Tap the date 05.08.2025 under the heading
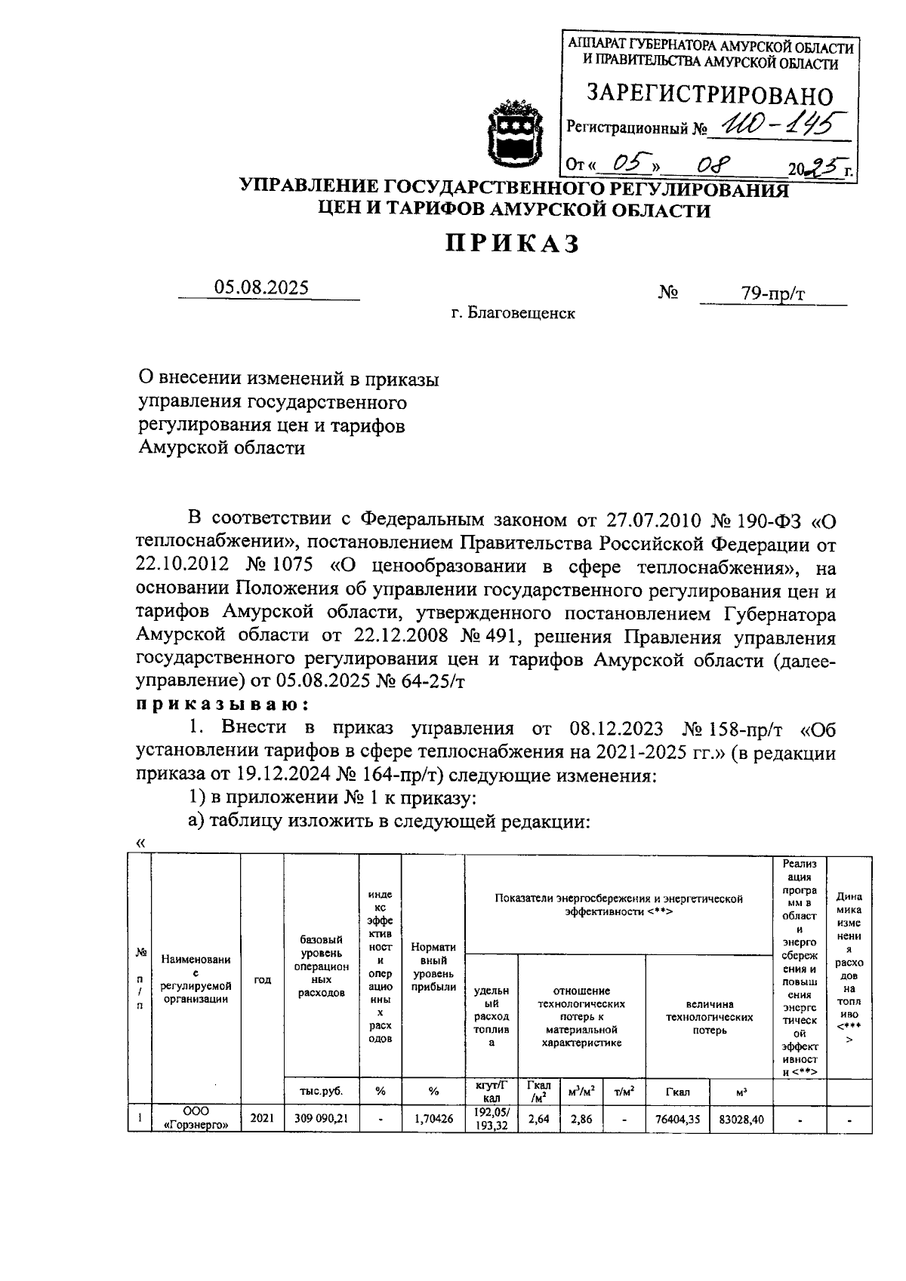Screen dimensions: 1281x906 click(261, 287)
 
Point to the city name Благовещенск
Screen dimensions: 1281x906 click(521, 313)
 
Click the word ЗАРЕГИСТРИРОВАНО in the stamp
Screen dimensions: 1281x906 click(710, 95)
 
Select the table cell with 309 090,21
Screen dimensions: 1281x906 click(321, 1119)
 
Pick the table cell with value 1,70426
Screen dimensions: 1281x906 click(433, 1119)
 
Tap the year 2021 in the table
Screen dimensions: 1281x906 click(261, 1119)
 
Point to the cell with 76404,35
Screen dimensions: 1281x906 click(678, 1120)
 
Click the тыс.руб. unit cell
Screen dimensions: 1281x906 click(321, 1090)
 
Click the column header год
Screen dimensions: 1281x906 click(261, 979)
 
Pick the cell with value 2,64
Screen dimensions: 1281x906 click(538, 1120)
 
